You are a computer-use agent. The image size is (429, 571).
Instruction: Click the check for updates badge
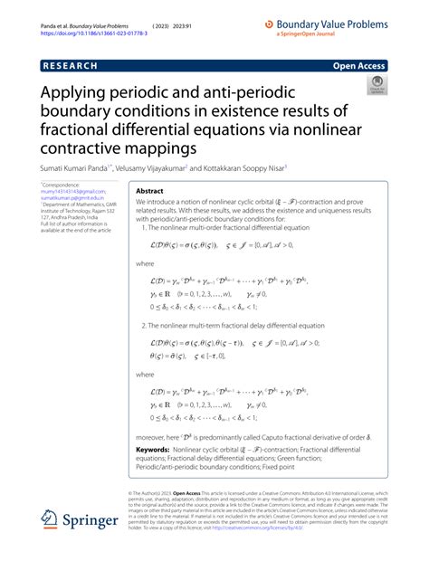point(376,85)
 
